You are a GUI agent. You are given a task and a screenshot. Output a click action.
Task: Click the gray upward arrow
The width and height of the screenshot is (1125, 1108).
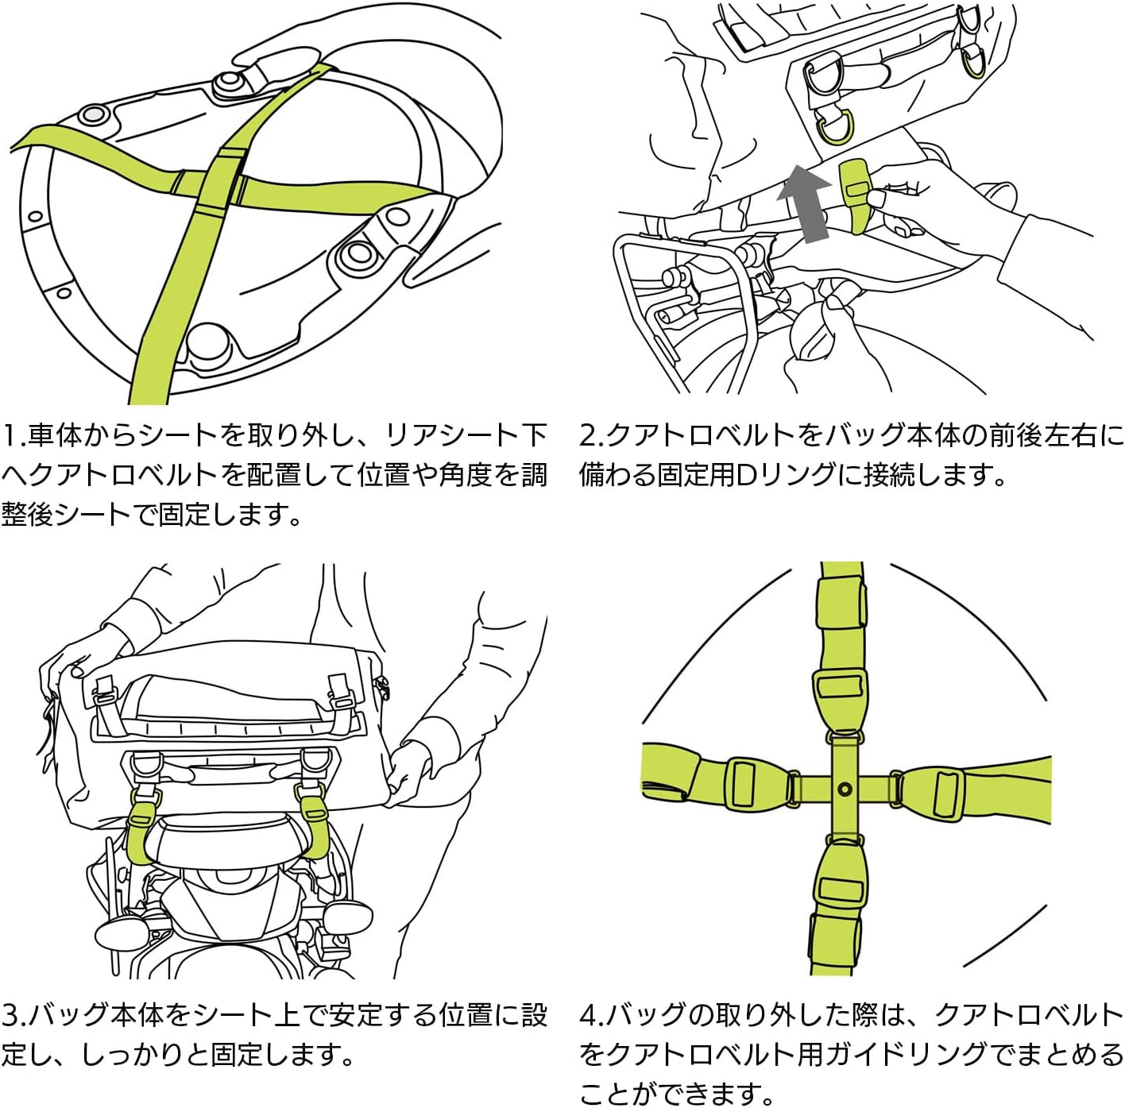pyautogui.click(x=804, y=200)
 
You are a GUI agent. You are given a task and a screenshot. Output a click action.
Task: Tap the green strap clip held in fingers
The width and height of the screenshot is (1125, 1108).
pyautogui.click(x=855, y=195)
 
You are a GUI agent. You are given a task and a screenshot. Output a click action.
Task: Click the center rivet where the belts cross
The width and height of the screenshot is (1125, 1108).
pyautogui.click(x=844, y=789)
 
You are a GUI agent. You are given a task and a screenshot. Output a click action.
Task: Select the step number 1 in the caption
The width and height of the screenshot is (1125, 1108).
pyautogui.click(x=10, y=436)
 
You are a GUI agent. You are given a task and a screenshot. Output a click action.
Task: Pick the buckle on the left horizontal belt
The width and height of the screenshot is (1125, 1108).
pyautogui.click(x=743, y=784)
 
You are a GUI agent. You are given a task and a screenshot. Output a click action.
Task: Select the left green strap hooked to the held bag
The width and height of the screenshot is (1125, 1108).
pyautogui.click(x=142, y=827)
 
